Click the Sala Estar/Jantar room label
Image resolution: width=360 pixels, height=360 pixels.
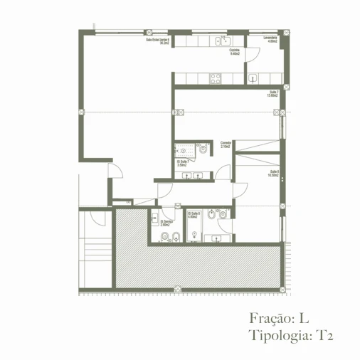[x=157, y=41]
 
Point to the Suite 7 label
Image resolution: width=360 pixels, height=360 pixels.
[x=272, y=94]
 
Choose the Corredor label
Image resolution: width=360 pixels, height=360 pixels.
[x=226, y=144]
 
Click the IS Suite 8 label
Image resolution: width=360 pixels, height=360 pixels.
[x=193, y=215]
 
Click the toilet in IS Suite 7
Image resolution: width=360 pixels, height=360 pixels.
[x=203, y=149]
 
